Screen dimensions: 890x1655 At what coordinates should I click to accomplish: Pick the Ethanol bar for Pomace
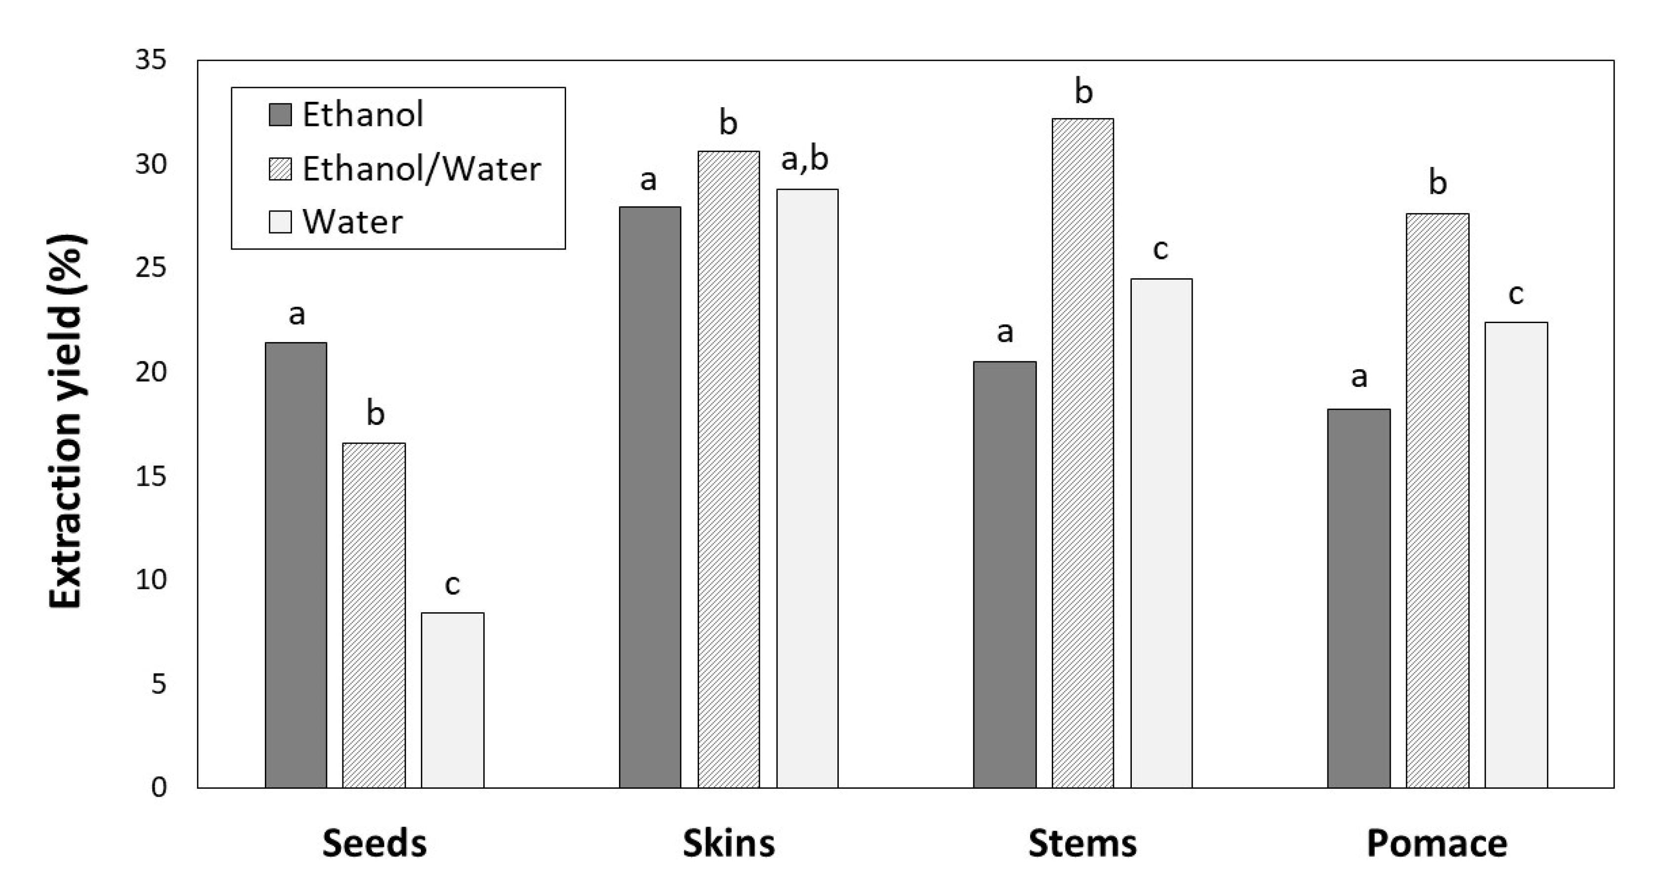[x=1359, y=597]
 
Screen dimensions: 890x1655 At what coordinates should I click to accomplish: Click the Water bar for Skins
[x=807, y=488]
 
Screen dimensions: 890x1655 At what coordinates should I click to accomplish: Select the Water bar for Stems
[x=1161, y=533]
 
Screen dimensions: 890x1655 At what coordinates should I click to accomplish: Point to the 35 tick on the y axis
[x=150, y=60]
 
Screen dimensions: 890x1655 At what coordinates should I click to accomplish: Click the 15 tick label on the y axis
[x=150, y=476]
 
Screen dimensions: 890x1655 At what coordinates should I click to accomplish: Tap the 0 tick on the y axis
[x=158, y=787]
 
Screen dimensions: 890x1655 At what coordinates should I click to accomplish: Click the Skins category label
[x=729, y=843]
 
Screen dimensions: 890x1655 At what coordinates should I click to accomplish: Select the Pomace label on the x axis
[x=1437, y=843]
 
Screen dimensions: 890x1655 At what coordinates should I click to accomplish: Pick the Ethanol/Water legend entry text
[x=421, y=169]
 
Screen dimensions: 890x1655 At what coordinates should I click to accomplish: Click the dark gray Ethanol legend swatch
[x=280, y=115]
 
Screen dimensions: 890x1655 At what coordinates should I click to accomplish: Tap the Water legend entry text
[x=352, y=222]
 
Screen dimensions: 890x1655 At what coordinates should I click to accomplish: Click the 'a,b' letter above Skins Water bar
[x=804, y=159]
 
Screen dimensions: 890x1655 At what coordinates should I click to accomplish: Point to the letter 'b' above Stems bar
[x=1083, y=92]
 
